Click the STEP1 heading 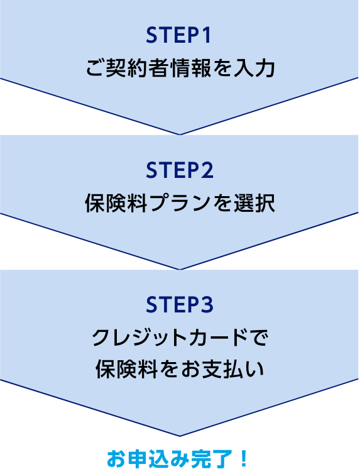tap(178, 36)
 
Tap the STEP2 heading tap(180, 170)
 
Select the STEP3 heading tap(180, 305)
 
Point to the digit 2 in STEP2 tap(207, 170)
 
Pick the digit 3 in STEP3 tap(207, 305)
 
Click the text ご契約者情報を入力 tap(180, 68)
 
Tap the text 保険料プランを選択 tap(180, 203)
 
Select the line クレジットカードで tap(180, 338)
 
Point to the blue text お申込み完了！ tap(178, 458)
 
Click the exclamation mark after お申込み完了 tap(243, 458)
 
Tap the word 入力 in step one tap(254, 68)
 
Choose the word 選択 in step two tap(254, 203)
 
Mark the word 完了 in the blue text tap(213, 458)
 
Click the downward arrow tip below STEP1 tap(180, 135)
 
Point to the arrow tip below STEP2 tap(180, 269)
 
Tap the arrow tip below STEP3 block tap(180, 436)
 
